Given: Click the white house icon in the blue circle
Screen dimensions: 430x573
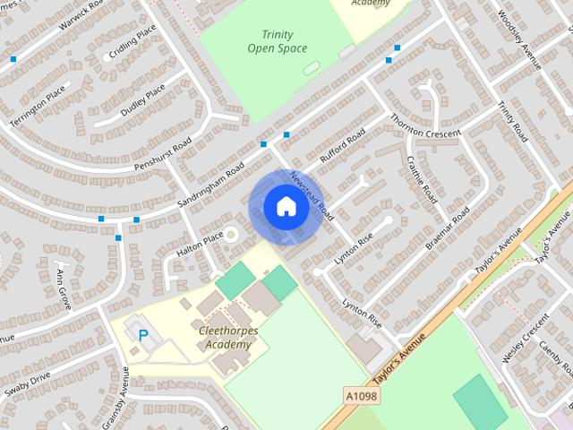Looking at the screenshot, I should (x=286, y=207).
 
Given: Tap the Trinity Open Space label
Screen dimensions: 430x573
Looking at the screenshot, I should (x=277, y=41).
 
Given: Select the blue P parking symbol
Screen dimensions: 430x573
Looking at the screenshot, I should (x=142, y=335).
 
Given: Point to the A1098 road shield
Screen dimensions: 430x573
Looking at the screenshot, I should (x=358, y=394).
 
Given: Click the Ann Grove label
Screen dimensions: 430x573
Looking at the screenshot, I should (x=64, y=288).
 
